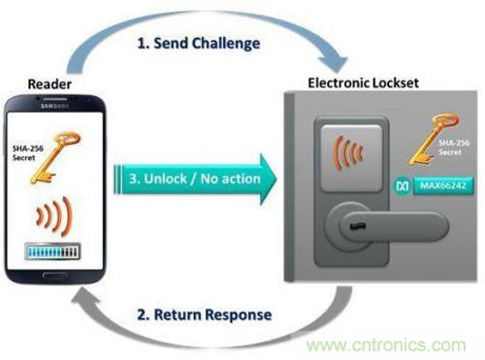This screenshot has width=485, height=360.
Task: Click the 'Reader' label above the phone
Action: point(49,84)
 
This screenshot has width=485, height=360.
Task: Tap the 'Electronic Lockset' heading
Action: point(363,83)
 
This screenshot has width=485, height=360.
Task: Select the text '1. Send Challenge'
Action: point(199,44)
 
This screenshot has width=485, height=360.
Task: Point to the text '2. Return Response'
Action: point(205,314)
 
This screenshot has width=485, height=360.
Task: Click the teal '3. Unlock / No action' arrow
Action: point(195,179)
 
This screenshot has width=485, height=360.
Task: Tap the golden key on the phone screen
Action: point(55,157)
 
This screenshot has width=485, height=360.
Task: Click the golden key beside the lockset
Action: point(433,139)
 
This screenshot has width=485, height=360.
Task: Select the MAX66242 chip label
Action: point(443,185)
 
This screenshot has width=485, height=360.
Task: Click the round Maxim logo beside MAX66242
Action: point(403,186)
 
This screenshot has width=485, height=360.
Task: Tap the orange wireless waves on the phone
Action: point(54,215)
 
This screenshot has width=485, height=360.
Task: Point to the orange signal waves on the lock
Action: point(347,152)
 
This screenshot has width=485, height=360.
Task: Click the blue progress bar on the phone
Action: point(52,251)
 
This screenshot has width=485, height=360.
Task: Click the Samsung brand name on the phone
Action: point(54,107)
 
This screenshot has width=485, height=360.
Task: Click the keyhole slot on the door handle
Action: point(358,226)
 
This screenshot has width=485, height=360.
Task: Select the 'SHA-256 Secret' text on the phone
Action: point(27,153)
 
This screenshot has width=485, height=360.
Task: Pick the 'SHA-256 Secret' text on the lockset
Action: point(453,147)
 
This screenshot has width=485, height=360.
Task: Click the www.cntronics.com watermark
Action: point(387,344)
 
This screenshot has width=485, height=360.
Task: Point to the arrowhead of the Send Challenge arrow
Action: point(336,64)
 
